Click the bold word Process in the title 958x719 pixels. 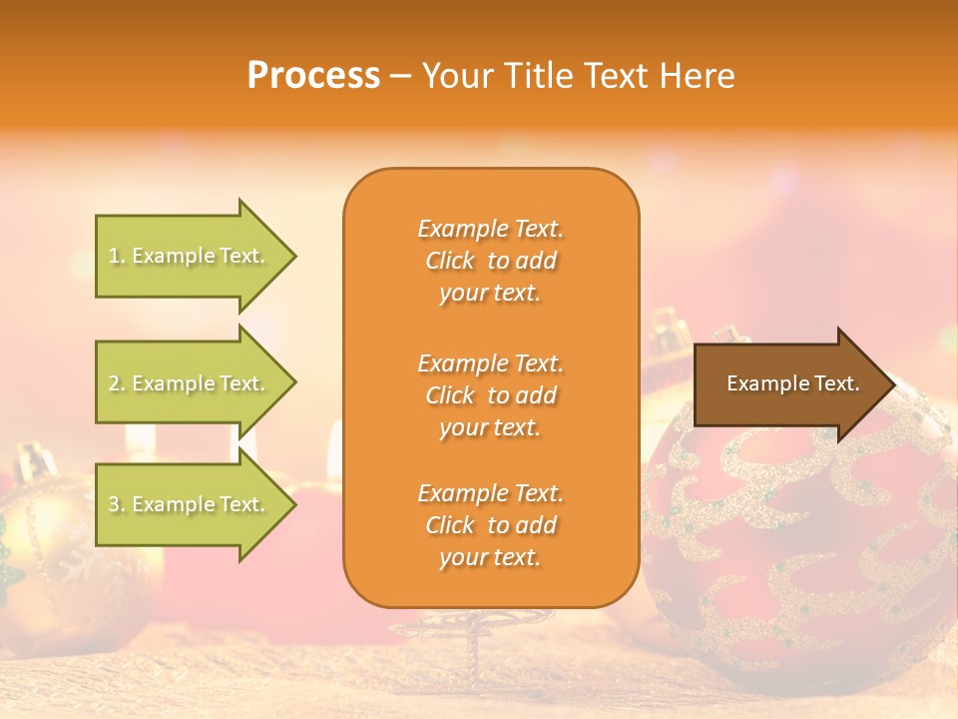(x=313, y=76)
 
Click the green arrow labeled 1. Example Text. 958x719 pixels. (x=190, y=256)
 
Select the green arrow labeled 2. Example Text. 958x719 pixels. (x=190, y=383)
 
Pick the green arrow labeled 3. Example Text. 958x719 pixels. (x=190, y=504)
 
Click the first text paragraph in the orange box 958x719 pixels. (x=490, y=261)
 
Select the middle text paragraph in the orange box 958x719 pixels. (x=490, y=395)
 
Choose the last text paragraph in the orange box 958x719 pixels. (x=490, y=525)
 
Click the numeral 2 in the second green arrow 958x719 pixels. (x=114, y=383)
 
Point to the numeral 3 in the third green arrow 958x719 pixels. (x=114, y=504)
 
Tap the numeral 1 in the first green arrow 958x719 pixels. (x=114, y=256)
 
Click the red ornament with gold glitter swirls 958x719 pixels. (x=798, y=549)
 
